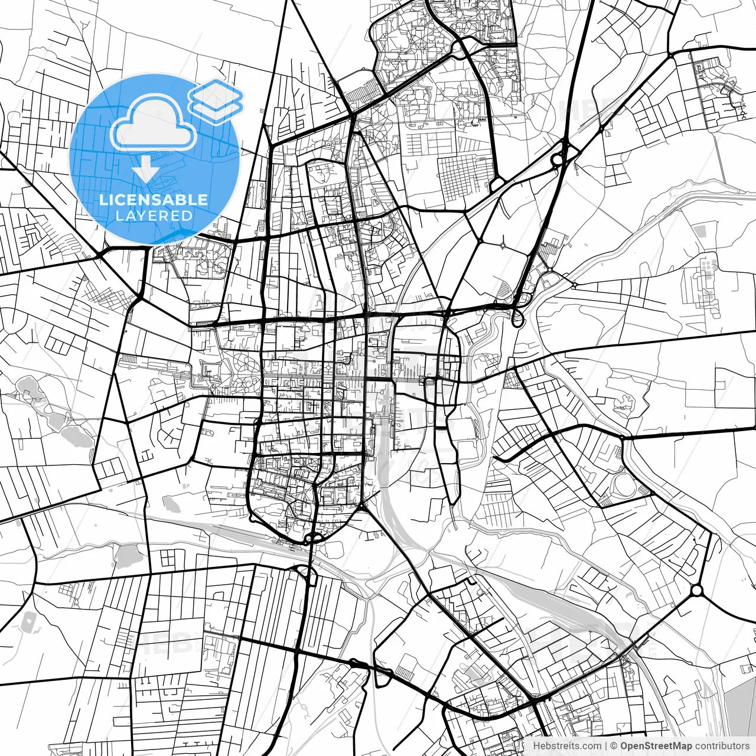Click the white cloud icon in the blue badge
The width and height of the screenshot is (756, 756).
[x=154, y=122]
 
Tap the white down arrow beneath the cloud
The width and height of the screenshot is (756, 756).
[x=145, y=170]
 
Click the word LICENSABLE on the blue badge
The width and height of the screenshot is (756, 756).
[x=154, y=200]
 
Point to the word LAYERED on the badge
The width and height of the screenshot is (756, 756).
[x=154, y=216]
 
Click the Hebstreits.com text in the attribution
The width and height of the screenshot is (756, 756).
[x=567, y=746]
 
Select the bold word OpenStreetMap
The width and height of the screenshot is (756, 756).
[x=656, y=746]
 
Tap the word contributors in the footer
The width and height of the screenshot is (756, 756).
[x=722, y=746]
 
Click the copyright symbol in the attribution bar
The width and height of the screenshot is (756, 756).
[x=614, y=746]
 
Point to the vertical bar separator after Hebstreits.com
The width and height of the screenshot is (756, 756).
[x=606, y=746]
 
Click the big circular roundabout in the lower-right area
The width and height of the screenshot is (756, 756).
[x=697, y=590]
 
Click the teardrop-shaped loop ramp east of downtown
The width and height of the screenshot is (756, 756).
[x=517, y=320]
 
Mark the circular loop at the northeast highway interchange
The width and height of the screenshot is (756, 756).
[x=556, y=159]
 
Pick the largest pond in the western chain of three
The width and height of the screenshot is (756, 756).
[x=73, y=436]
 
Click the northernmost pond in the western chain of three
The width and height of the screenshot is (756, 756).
[x=27, y=387]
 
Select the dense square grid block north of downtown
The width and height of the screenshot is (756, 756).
[x=463, y=177]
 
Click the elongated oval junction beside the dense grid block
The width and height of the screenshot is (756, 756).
[x=496, y=185]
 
